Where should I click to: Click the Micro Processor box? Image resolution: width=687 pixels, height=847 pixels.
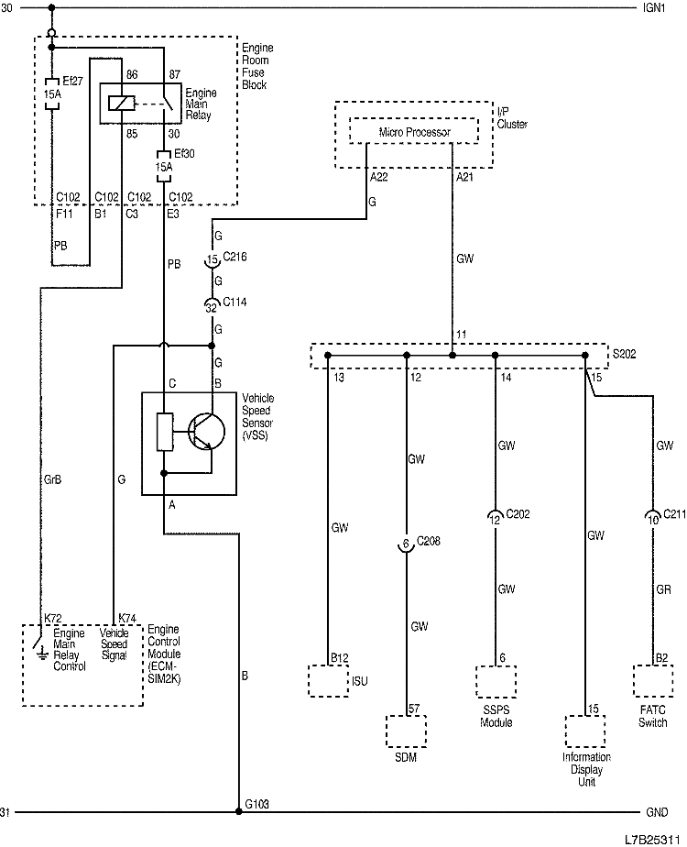pyautogui.click(x=415, y=133)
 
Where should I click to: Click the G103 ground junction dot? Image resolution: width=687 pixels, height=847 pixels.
pyautogui.click(x=239, y=812)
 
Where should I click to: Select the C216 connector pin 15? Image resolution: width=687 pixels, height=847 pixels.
pyautogui.click(x=213, y=260)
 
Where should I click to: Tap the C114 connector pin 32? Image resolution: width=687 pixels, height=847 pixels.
pyautogui.click(x=213, y=304)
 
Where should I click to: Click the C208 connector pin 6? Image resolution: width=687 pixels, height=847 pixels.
pyautogui.click(x=406, y=544)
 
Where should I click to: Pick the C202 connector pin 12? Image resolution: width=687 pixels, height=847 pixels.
pyautogui.click(x=495, y=519)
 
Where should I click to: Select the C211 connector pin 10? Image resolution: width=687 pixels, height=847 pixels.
pyautogui.click(x=652, y=518)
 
